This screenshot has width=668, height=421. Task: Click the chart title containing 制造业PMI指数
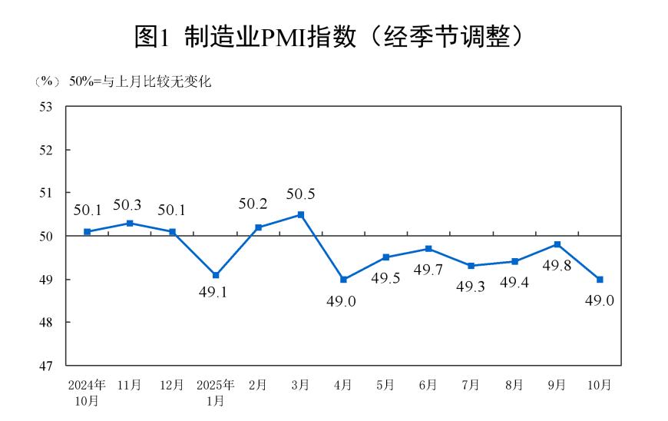[333, 36]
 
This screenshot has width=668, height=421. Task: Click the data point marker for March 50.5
[301, 214]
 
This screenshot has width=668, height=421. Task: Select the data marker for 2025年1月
[216, 275]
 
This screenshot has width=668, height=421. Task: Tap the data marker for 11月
[130, 223]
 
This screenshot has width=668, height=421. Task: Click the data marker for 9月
[557, 244]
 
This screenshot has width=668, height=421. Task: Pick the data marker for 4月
[343, 280]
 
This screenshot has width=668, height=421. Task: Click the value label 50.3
[127, 205]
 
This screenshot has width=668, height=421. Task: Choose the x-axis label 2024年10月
[87, 391]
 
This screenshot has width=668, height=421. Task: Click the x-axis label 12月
[172, 384]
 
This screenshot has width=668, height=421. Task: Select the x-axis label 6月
[428, 384]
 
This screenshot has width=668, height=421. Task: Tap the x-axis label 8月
[514, 384]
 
